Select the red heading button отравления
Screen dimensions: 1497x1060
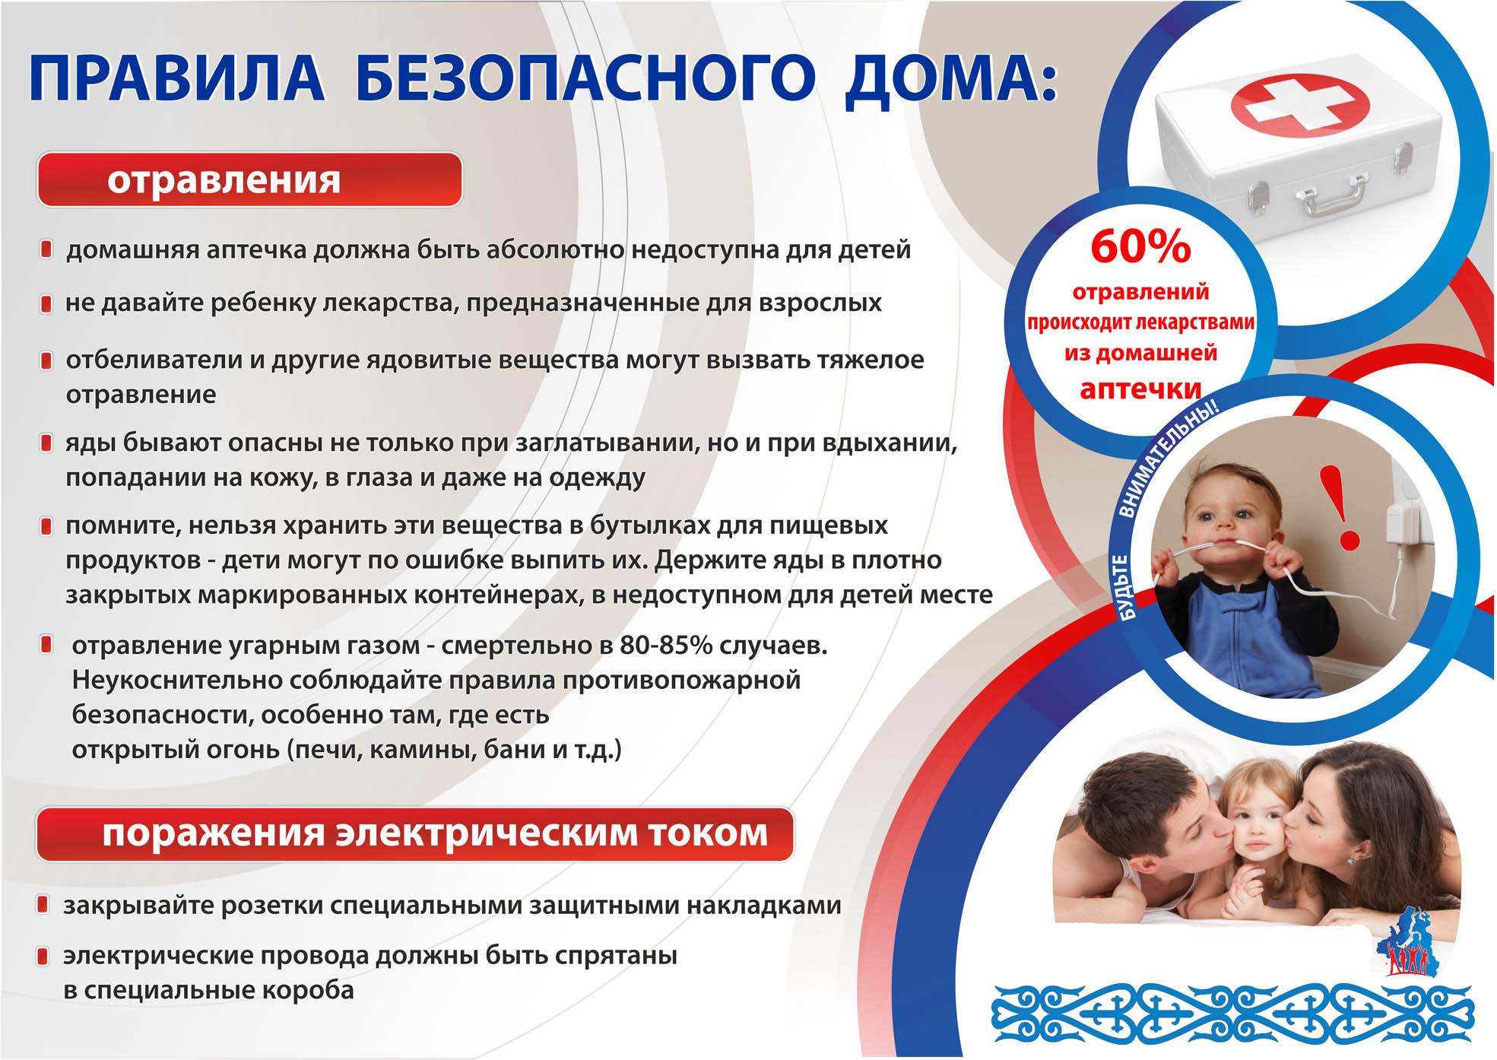(249, 179)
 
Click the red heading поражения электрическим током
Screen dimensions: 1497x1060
(414, 834)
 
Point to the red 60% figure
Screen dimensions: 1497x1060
(1140, 246)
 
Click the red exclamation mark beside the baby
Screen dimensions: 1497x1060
(1350, 507)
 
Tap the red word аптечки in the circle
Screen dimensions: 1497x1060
(1140, 389)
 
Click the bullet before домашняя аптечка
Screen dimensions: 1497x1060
(46, 249)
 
